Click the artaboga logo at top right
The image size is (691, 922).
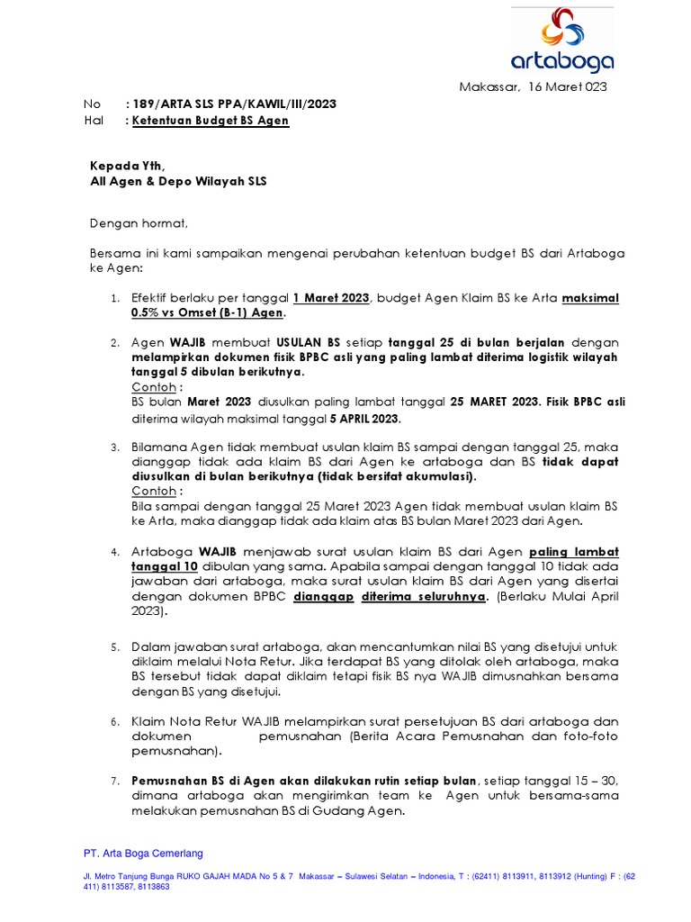(562, 40)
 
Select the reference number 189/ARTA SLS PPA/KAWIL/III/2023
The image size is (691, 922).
(234, 104)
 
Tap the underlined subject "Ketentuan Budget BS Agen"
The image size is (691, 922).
(211, 120)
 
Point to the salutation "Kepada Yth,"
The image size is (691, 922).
(128, 166)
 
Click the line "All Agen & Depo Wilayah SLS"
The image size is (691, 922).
(178, 181)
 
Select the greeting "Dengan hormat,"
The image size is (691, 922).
(139, 222)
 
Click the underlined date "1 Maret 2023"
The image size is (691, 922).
(331, 298)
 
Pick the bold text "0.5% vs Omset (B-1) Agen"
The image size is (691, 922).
(207, 313)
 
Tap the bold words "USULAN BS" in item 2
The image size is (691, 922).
(308, 344)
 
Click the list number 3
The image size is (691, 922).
(115, 447)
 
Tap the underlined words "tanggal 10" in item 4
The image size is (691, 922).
(164, 566)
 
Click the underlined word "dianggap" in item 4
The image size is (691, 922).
(323, 596)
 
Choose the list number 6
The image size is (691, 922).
(115, 722)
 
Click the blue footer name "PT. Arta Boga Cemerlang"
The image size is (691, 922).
(143, 854)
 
